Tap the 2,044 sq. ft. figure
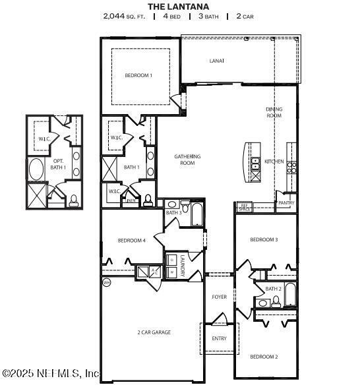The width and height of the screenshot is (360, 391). [x=123, y=16]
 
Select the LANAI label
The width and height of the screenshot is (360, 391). [x=216, y=61]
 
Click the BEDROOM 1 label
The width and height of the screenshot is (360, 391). [x=138, y=76]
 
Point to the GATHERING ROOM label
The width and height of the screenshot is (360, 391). [x=187, y=160]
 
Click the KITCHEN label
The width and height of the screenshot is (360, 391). [x=274, y=162]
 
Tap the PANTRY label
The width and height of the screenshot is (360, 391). [x=286, y=203]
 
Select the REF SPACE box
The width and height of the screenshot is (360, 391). [x=244, y=206]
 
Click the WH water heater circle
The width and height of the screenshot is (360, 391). [x=106, y=282]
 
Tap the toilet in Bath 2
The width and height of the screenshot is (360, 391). [x=276, y=301]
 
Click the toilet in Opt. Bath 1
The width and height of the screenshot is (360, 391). [x=73, y=199]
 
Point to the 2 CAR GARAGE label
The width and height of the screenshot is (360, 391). [x=154, y=332]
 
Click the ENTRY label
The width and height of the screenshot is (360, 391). [x=219, y=339]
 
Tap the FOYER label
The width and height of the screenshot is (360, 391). [x=219, y=297]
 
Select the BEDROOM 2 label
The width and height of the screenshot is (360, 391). [x=264, y=357]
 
